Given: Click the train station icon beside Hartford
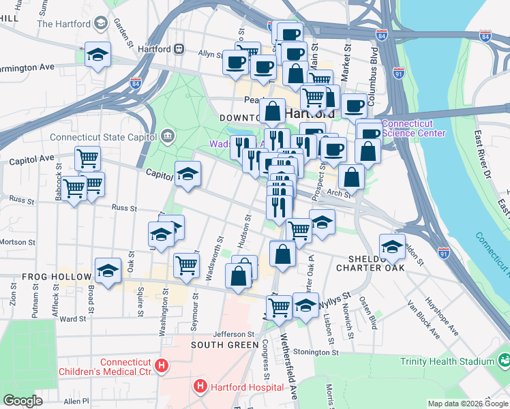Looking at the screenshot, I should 179,49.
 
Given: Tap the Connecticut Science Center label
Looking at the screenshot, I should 414,128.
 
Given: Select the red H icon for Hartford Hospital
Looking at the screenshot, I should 200,387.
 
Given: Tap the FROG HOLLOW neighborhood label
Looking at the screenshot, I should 57,277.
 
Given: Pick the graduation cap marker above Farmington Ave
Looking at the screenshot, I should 97,54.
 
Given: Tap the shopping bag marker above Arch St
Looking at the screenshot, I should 351,177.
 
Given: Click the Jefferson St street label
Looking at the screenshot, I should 233,334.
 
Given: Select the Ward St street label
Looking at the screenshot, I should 72,318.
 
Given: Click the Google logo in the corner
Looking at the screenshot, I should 23,401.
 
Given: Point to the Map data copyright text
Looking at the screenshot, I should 468,404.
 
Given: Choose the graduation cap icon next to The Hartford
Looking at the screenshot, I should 101,25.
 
